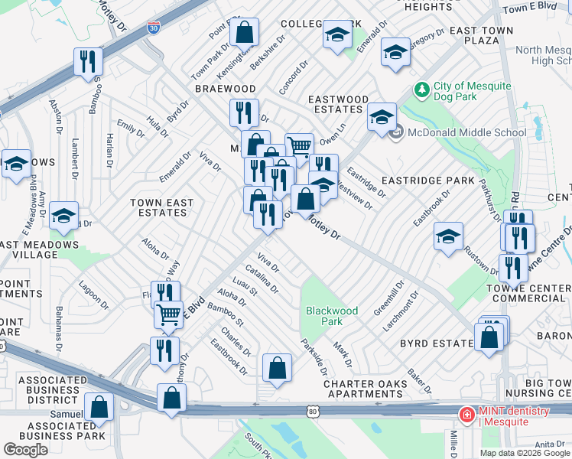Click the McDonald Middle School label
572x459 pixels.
tap(466, 133)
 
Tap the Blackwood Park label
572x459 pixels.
tap(332, 316)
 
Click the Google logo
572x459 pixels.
tap(25, 449)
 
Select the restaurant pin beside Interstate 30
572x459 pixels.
tap(88, 61)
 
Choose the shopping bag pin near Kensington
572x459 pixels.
tap(245, 34)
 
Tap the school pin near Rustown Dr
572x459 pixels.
tap(448, 236)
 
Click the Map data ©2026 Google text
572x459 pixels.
tap(525, 452)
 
